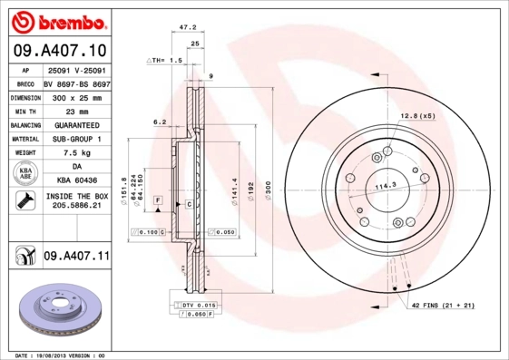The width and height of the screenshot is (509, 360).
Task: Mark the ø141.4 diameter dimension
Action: coord(235,190)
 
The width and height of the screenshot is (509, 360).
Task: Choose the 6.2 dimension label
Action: coord(160,121)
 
